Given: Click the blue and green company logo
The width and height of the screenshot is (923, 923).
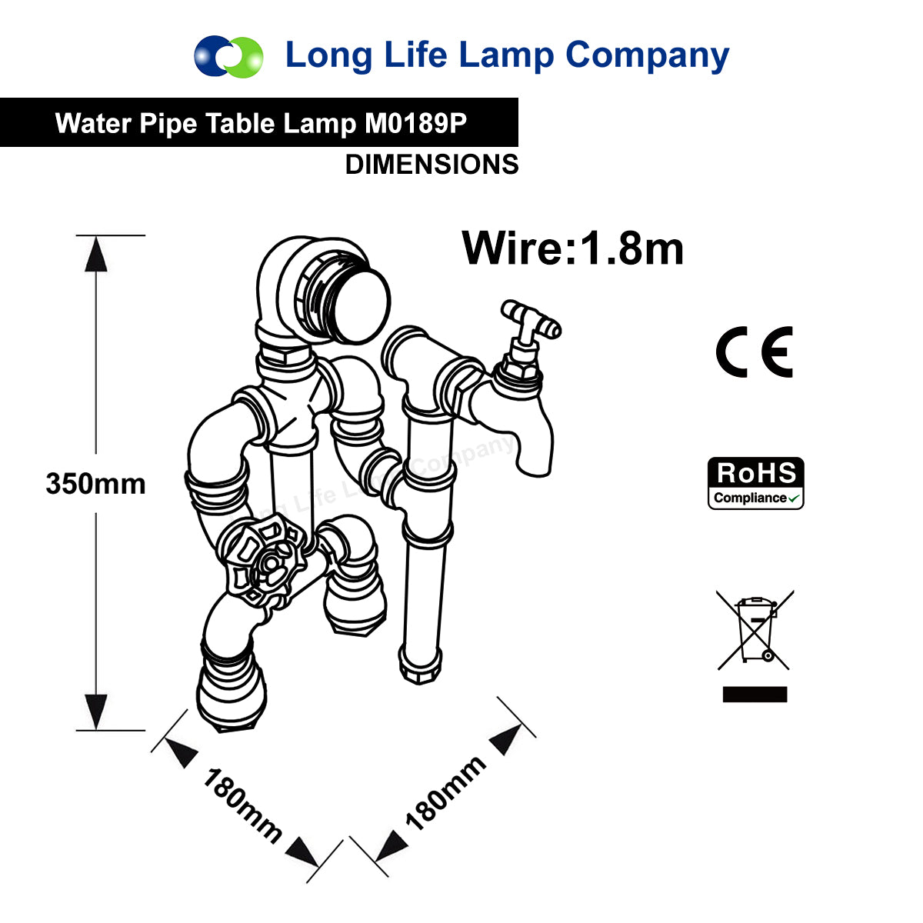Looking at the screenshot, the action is (228, 56).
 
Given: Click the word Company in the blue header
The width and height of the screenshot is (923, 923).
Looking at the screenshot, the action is (647, 57).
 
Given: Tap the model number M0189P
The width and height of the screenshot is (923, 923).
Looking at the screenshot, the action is (416, 123).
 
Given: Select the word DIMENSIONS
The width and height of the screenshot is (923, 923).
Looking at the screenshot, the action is (432, 165).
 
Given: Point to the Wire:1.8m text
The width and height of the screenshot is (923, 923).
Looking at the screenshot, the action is (572, 248).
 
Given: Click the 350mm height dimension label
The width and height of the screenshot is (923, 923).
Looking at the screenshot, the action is (95, 483).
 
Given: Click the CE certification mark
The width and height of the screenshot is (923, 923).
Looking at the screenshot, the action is (754, 352).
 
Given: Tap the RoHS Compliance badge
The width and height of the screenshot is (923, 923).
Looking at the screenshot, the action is (755, 483).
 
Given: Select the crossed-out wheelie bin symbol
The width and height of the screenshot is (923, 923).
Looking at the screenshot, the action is (755, 631).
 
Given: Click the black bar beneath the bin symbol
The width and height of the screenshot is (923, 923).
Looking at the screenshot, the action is (755, 694).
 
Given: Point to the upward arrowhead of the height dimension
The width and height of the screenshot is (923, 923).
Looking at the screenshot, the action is (96, 255).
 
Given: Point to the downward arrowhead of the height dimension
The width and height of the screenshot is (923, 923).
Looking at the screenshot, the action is (96, 711).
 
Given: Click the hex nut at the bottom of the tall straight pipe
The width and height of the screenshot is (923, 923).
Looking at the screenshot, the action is (420, 670).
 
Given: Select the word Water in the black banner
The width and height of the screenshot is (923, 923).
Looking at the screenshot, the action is (93, 123).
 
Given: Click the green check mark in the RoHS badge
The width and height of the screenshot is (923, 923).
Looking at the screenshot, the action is (794, 498).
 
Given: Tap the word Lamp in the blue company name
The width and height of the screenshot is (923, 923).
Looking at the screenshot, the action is (507, 57).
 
